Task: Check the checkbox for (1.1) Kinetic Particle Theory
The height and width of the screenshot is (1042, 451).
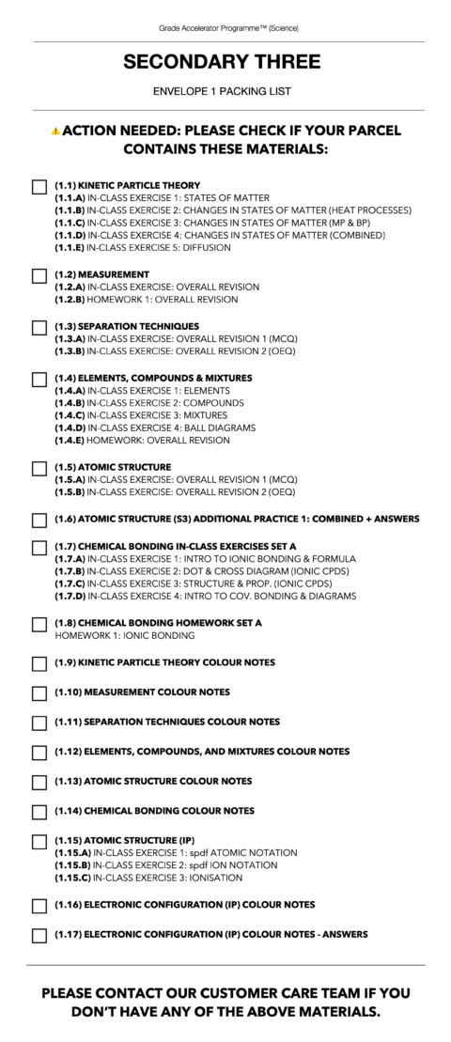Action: tap(39, 186)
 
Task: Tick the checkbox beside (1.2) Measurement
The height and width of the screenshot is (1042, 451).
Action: tap(39, 275)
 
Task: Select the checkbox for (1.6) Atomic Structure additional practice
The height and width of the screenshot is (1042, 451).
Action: tap(39, 520)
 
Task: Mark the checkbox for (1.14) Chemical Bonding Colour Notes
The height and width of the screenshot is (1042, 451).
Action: tap(39, 811)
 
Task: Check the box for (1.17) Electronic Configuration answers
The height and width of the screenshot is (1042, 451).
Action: tap(39, 935)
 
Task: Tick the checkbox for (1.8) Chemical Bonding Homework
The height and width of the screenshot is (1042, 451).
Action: tap(39, 624)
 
